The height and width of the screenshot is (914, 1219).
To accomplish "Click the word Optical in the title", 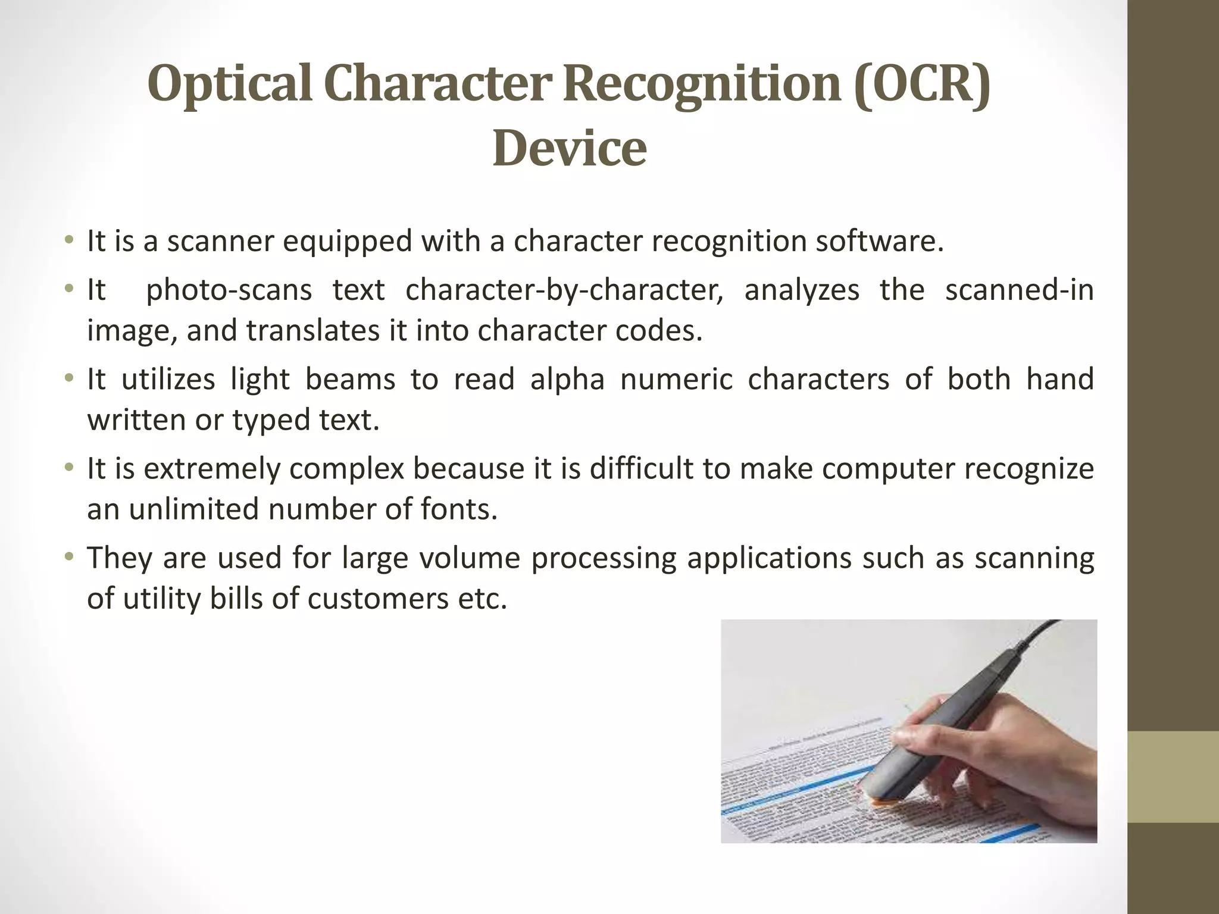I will coord(229,84).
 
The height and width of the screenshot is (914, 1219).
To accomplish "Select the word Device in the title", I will coord(569,148).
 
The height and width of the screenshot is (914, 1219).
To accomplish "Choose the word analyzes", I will coord(801,290).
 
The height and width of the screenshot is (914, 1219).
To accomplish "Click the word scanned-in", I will coord(1019,290).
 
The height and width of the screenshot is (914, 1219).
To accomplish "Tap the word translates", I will coord(312,331).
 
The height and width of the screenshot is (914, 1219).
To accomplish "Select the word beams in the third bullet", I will coord(350,380).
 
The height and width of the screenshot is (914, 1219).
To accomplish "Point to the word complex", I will coord(346,469).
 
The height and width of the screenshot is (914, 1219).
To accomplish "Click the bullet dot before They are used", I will coord(70,558).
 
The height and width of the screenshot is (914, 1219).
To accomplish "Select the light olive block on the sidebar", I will coord(1173,777).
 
